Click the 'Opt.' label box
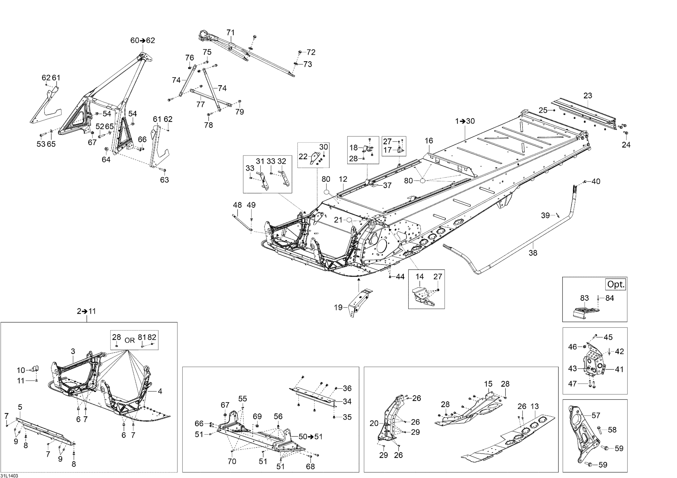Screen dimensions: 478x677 (616, 284)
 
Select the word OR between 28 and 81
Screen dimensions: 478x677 (130, 340)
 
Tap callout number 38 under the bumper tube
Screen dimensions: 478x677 (533, 253)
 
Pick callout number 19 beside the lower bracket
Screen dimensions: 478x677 (338, 307)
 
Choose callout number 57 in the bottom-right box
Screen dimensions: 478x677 (596, 415)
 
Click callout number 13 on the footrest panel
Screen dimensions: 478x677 (534, 406)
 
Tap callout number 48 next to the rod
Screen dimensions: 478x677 (237, 205)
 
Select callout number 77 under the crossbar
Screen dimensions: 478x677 (201, 104)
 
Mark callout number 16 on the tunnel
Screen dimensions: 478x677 (429, 141)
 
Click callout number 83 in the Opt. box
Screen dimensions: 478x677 (584, 298)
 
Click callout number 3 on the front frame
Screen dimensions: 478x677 (73, 351)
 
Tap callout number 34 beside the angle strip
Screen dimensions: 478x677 (347, 401)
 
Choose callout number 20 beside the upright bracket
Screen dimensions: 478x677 (374, 423)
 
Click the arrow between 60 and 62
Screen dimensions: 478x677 (143, 40)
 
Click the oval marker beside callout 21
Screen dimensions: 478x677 (349, 220)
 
